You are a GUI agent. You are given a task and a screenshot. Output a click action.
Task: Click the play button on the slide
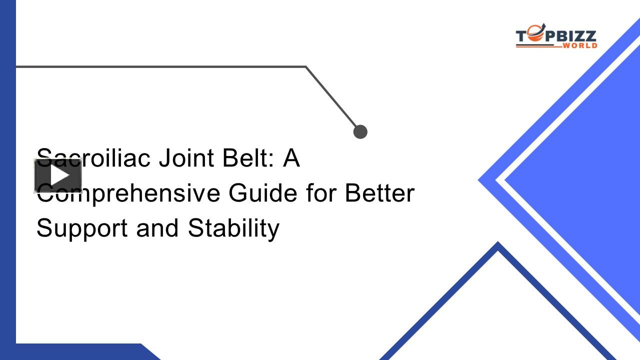point(58,175)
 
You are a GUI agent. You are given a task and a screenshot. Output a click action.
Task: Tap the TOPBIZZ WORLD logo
point(556,38)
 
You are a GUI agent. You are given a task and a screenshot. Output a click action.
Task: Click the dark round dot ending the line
point(360,131)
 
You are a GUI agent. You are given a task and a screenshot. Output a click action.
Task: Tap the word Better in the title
point(380,193)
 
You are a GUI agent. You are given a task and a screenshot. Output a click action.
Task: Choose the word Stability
point(233,228)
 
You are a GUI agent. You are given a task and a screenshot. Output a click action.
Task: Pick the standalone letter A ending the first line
point(291,158)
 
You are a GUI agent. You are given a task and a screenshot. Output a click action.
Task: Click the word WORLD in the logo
point(579,45)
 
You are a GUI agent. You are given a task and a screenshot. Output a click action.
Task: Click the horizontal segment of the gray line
point(160,66)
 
